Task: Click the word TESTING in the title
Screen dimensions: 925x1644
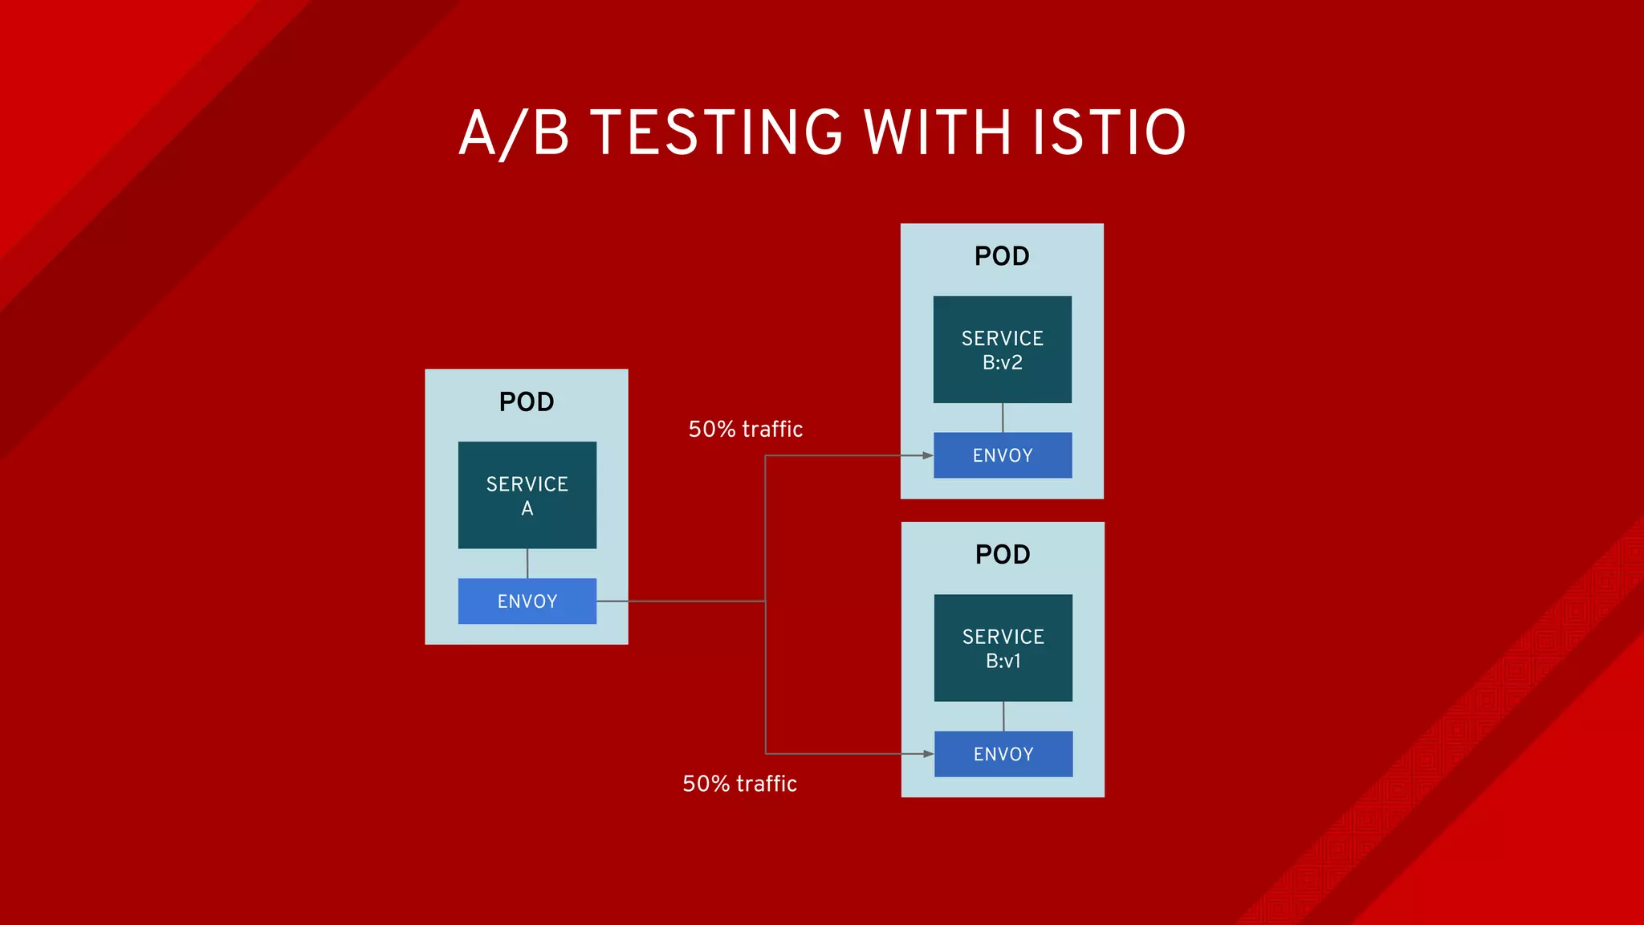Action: (716, 132)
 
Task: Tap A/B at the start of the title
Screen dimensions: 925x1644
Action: (514, 132)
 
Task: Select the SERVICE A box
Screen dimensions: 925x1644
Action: (527, 495)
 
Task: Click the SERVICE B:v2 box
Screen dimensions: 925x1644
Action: (1002, 349)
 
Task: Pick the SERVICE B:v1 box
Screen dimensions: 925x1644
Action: (1003, 648)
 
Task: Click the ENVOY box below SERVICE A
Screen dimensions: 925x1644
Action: (527, 601)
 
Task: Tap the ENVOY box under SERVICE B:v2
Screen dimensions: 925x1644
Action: (1002, 455)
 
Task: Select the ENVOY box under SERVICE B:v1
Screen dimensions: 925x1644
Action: (1003, 754)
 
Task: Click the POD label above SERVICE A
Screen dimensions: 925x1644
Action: (527, 401)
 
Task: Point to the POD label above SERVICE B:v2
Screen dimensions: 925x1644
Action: (1002, 256)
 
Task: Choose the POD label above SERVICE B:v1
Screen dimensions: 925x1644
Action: (1003, 554)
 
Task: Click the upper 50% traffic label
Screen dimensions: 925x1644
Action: (745, 429)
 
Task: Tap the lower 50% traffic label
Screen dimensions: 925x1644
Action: (739, 784)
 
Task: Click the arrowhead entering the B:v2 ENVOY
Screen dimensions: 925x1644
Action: (927, 455)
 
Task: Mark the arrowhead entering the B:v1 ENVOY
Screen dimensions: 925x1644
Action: (928, 754)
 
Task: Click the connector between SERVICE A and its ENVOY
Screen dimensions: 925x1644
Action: (527, 564)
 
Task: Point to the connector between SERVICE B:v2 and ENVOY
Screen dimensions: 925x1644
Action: (1003, 418)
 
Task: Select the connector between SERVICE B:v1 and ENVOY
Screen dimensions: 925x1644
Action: (1003, 716)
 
